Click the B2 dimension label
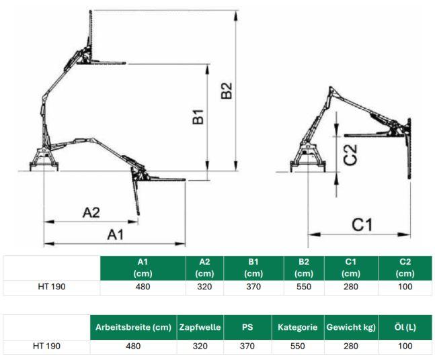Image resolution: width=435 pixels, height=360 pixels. tap(227, 91)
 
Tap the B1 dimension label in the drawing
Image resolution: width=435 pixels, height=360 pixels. tap(198, 117)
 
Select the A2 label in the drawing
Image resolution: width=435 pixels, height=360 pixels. tap(91, 212)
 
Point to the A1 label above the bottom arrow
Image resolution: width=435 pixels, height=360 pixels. tap(116, 234)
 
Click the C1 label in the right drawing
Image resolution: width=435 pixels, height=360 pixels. tap(362, 224)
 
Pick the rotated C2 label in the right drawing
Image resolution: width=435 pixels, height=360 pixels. tap(350, 155)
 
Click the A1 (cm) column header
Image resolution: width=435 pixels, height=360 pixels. tap(143, 268)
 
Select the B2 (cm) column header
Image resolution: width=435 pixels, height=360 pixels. tap(304, 268)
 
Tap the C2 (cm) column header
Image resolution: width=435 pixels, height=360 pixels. tap(405, 268)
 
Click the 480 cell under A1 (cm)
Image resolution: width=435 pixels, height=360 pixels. tap(143, 287)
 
